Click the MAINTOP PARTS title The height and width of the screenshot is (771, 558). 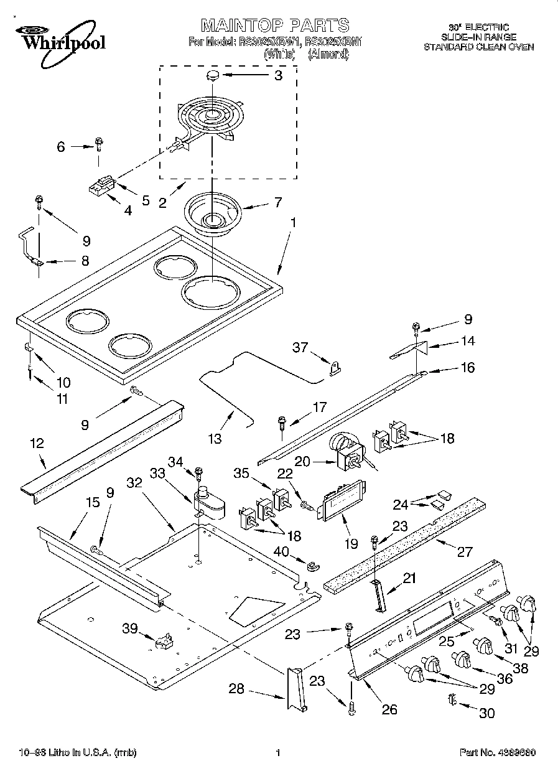click(274, 26)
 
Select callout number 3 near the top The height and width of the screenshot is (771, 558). click(278, 76)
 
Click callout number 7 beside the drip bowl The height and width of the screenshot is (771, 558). click(277, 202)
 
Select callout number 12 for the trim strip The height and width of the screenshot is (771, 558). click(37, 444)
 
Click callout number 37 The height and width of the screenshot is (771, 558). click(300, 347)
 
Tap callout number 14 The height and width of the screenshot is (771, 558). click(468, 341)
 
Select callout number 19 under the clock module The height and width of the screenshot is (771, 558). click(351, 543)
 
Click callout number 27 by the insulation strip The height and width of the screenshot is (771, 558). click(465, 551)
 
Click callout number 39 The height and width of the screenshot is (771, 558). click(130, 629)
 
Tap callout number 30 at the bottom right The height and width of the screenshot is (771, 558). click(487, 713)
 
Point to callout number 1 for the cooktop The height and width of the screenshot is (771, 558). click(293, 222)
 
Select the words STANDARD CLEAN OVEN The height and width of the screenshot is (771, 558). click(478, 47)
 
